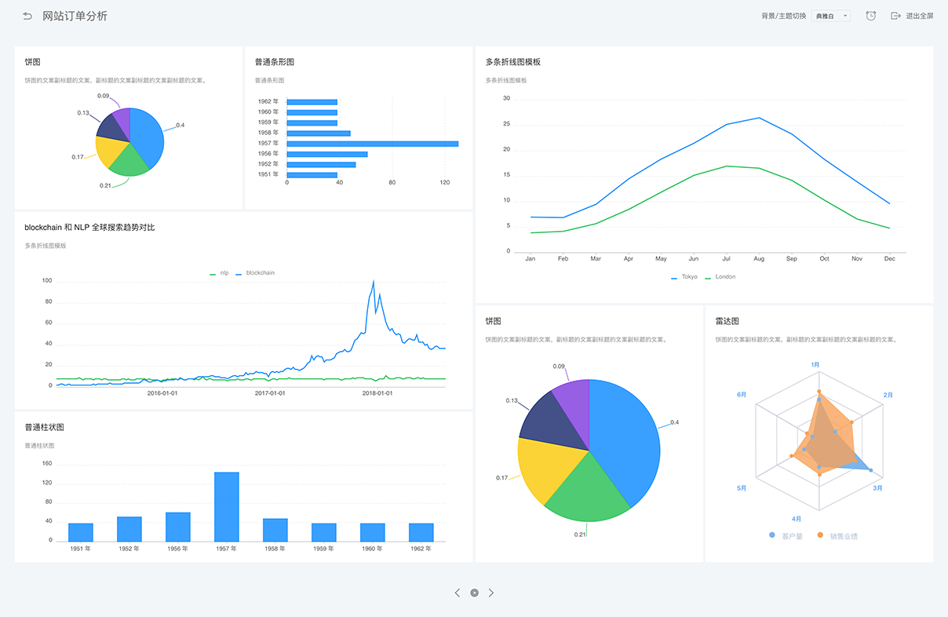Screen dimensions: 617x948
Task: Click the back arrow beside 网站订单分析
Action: [27, 16]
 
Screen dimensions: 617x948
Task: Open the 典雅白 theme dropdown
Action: [831, 16]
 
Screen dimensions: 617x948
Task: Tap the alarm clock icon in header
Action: [870, 16]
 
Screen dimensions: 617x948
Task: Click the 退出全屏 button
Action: [912, 16]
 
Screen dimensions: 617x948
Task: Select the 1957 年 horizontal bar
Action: [372, 144]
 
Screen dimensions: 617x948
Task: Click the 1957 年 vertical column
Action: [227, 506]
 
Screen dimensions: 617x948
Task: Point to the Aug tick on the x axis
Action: [759, 258]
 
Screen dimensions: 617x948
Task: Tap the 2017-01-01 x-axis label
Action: [270, 393]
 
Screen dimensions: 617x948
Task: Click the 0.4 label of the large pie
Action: [674, 422]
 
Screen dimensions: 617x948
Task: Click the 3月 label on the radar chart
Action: [878, 487]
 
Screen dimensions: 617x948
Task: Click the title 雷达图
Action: [727, 321]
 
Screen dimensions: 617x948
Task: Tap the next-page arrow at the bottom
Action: [491, 593]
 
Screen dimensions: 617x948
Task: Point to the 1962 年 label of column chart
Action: [421, 549]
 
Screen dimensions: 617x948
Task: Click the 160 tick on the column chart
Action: [47, 464]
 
